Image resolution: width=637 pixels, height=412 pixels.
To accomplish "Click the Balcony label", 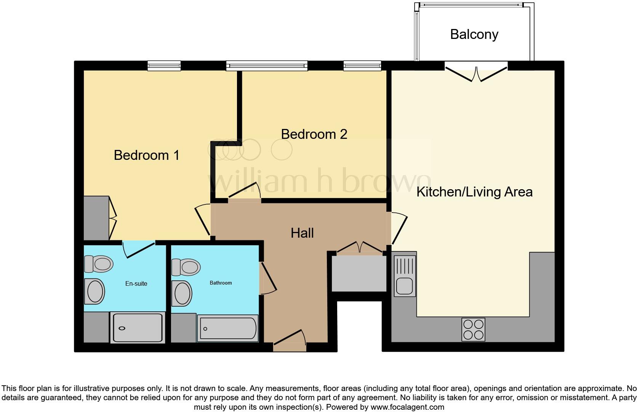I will click(474, 34).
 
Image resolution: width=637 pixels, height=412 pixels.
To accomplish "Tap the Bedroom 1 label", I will click(146, 155).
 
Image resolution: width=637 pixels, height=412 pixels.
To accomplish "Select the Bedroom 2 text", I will click(314, 134).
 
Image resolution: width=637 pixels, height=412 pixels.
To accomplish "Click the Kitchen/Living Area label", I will click(474, 192).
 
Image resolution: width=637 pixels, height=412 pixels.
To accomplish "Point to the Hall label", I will click(302, 233).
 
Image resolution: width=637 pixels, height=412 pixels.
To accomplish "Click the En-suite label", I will click(136, 283).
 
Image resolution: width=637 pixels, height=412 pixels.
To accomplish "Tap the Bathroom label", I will click(221, 283).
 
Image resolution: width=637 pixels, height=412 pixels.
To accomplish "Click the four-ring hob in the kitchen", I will click(473, 329).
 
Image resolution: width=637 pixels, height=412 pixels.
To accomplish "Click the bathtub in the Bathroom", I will click(228, 328).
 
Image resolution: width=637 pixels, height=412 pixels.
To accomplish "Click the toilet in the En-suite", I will click(99, 264).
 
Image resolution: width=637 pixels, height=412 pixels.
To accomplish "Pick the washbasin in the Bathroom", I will click(182, 293).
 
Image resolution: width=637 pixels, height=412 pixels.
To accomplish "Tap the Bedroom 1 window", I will click(164, 66).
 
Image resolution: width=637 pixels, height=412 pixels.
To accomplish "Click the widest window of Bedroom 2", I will click(266, 66).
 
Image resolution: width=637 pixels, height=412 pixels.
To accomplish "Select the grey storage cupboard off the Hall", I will click(359, 273).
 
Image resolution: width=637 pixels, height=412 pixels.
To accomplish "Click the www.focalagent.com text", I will click(407, 407).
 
